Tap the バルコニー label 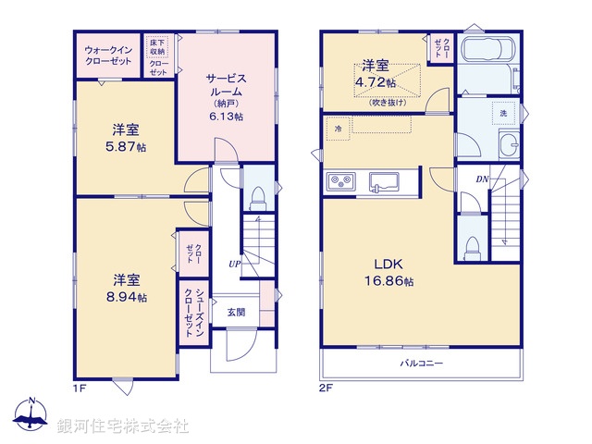[x=422, y=364]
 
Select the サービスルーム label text [x=226, y=86]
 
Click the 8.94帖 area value [x=127, y=295]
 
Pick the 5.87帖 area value [x=127, y=147]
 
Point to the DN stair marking [x=482, y=179]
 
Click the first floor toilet [x=258, y=196]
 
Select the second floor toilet [x=473, y=246]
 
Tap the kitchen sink [x=383, y=180]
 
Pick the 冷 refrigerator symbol [x=339, y=129]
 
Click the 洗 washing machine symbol [x=503, y=112]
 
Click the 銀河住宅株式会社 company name [x=123, y=426]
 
